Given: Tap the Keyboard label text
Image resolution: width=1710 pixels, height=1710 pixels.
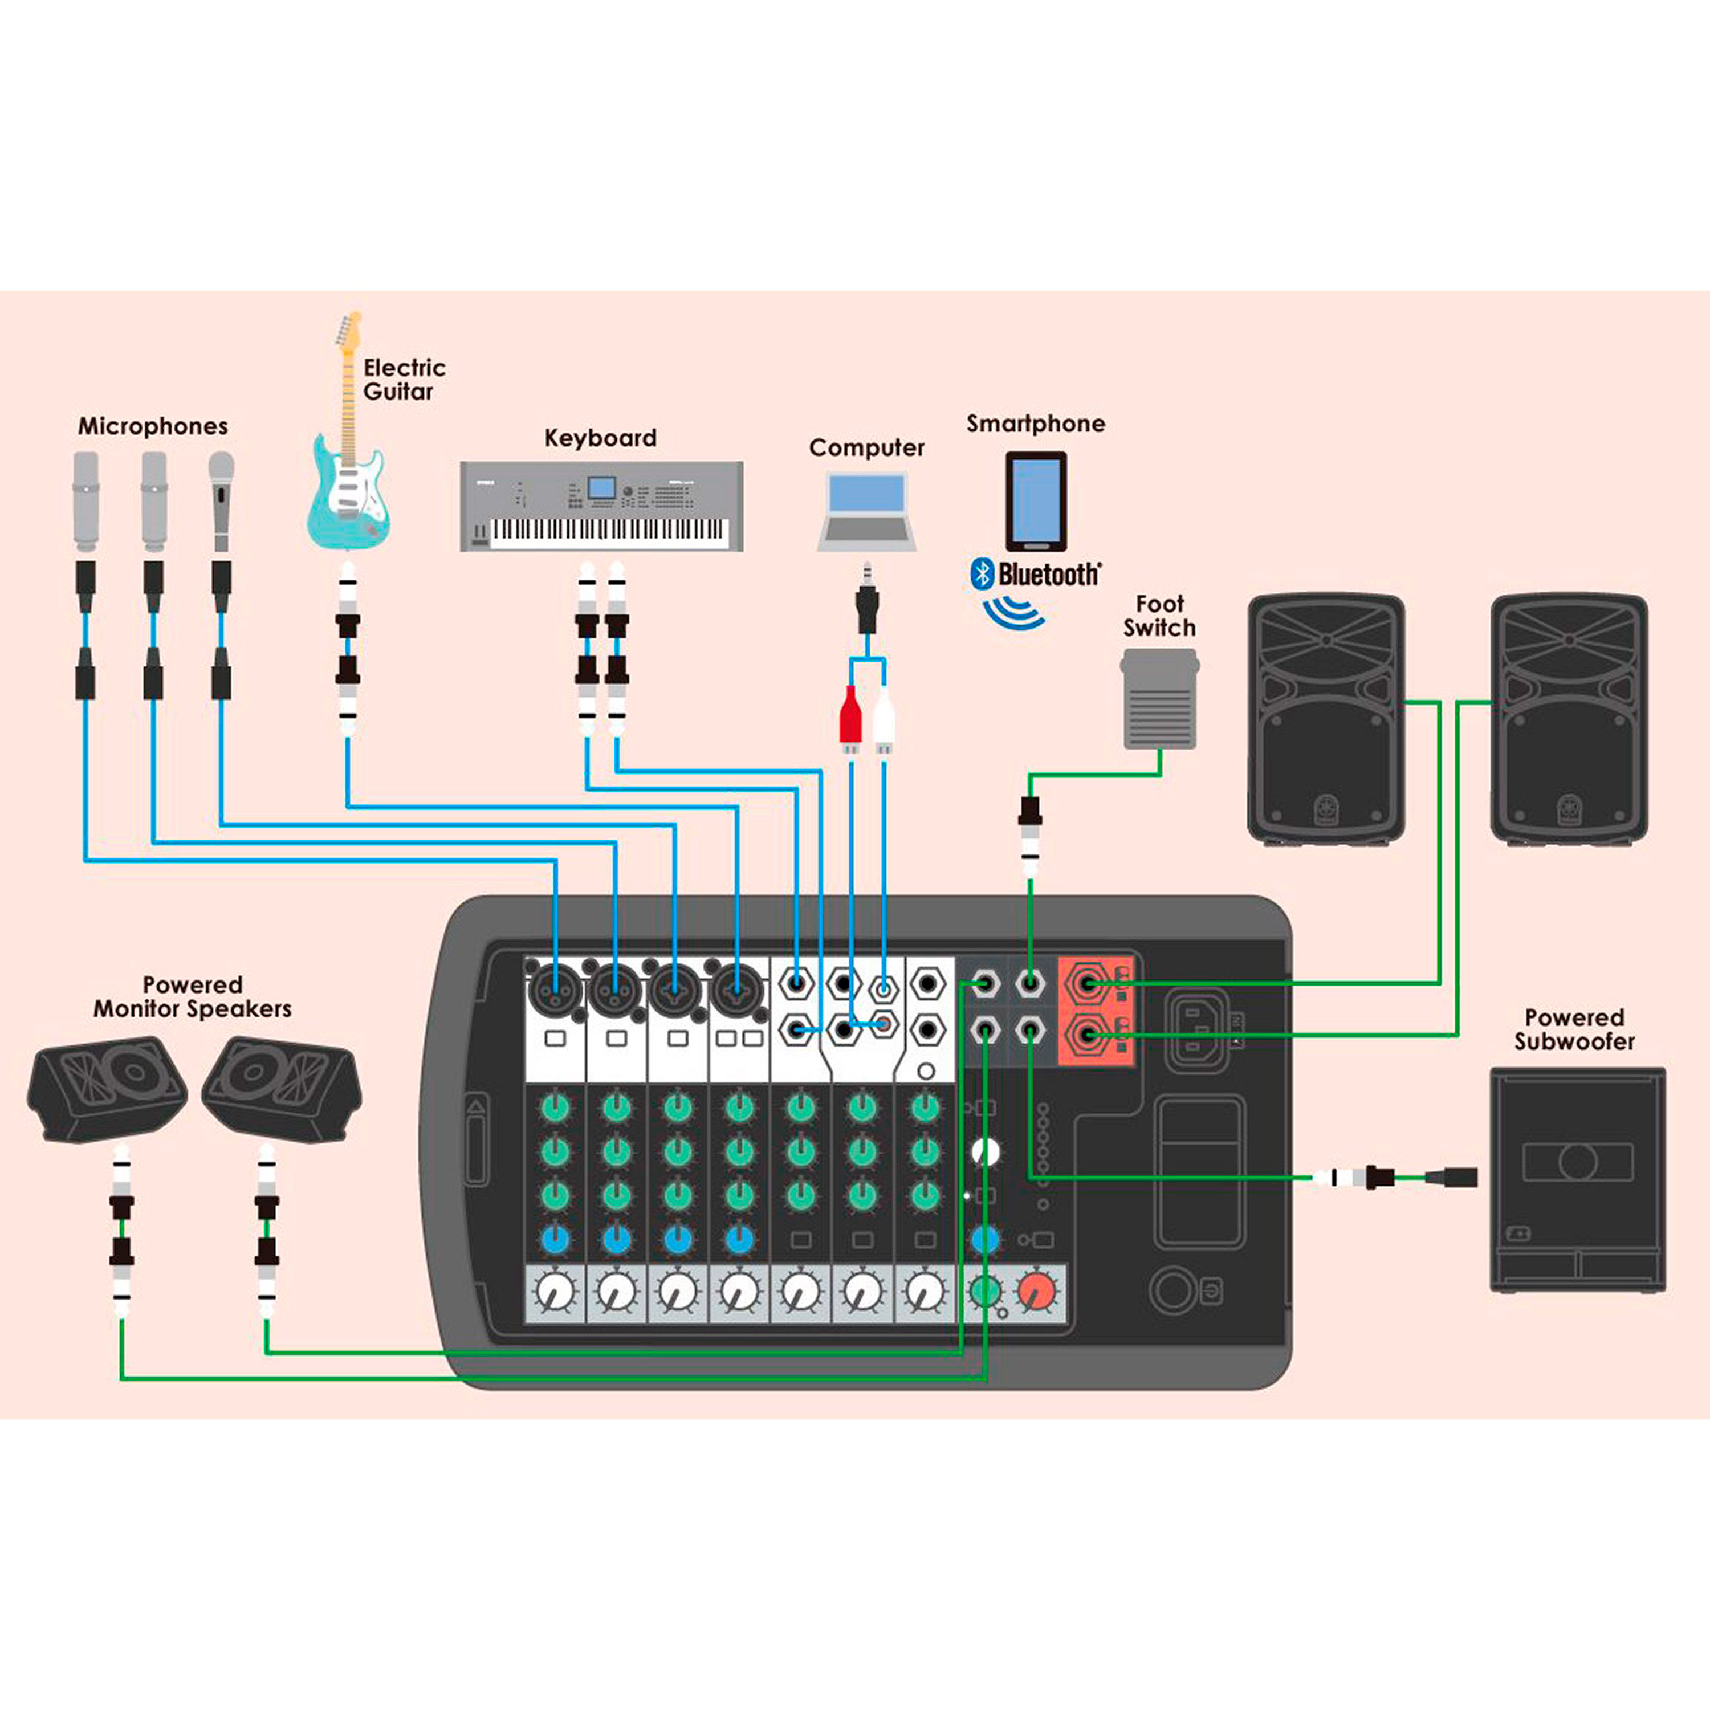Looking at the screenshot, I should pos(600,438).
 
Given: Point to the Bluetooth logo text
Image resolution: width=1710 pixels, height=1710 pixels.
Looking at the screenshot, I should pos(1048,575).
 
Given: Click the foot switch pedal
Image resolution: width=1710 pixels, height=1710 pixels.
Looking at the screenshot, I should pos(1159,699).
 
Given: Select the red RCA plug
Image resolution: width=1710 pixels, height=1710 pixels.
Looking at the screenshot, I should pos(850,717).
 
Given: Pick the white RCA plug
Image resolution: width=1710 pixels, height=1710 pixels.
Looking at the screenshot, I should pos(884,717).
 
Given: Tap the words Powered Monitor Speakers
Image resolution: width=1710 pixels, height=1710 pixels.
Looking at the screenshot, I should pos(192,996).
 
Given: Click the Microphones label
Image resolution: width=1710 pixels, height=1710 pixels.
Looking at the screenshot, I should pos(152,426).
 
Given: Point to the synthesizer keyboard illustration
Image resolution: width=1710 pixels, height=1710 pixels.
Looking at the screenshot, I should pos(601,506).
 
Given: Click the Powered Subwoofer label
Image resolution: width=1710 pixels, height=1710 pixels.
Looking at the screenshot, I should pos(1574,1029).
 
